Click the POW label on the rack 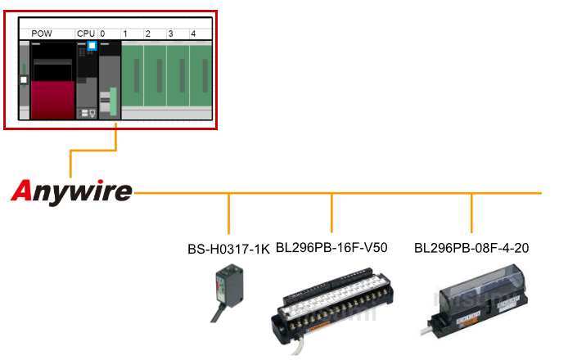pos(41,34)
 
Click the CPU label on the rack pos(85,34)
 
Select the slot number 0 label pos(102,34)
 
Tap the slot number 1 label pos(124,34)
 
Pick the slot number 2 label pos(147,34)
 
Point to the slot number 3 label pos(170,34)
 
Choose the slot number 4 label pos(193,34)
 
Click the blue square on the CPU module pos(92,46)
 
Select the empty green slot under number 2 pos(155,80)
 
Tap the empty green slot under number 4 pos(201,80)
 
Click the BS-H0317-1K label pos(228,249)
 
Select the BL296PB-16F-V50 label pos(331,247)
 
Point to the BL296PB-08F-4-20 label pos(471,247)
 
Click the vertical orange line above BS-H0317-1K pos(229,214)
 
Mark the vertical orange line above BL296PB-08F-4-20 pos(472,214)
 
